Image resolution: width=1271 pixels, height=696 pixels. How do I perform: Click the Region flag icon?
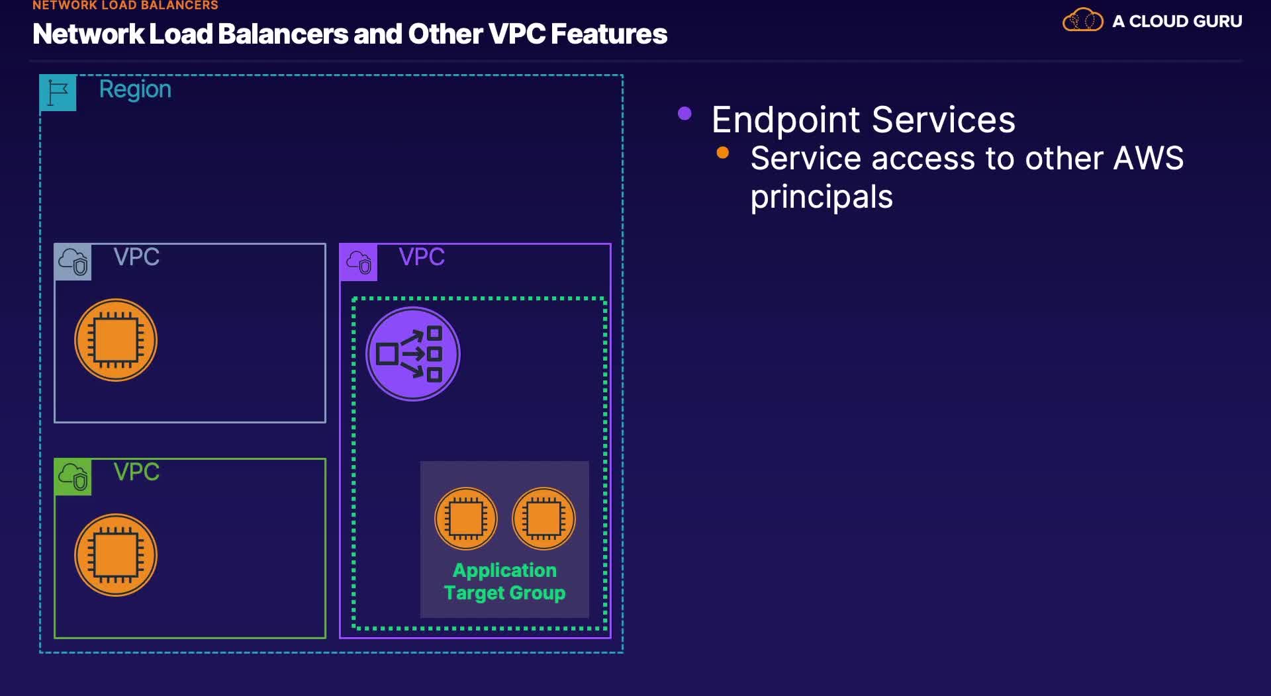point(58,93)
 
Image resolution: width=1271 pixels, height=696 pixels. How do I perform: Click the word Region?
point(135,90)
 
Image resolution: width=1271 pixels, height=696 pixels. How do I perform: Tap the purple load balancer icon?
point(413,354)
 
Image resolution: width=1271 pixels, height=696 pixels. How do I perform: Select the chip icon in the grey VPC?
point(116,340)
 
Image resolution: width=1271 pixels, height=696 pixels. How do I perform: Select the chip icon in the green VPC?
point(116,555)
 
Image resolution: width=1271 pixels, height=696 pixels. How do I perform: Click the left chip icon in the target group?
point(466,519)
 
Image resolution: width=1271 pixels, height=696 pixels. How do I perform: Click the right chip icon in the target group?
point(544,519)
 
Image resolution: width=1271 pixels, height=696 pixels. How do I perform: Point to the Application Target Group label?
point(504,582)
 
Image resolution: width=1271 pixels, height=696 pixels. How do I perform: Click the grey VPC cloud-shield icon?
point(73,262)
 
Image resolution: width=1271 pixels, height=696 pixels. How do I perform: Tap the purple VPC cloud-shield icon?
point(358,262)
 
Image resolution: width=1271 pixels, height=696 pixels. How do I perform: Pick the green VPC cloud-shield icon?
point(73,477)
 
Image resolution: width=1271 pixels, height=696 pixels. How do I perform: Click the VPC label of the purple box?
point(422,257)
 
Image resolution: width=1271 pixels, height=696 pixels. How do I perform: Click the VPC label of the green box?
point(136,472)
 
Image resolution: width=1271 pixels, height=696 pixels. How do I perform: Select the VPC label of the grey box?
point(136,257)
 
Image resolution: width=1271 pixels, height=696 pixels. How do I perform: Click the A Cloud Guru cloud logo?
point(1083,20)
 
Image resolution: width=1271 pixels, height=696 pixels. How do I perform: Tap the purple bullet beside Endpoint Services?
point(684,114)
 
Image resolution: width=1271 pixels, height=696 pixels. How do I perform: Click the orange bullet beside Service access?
point(723,153)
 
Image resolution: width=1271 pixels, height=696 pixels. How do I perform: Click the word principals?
point(822,197)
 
